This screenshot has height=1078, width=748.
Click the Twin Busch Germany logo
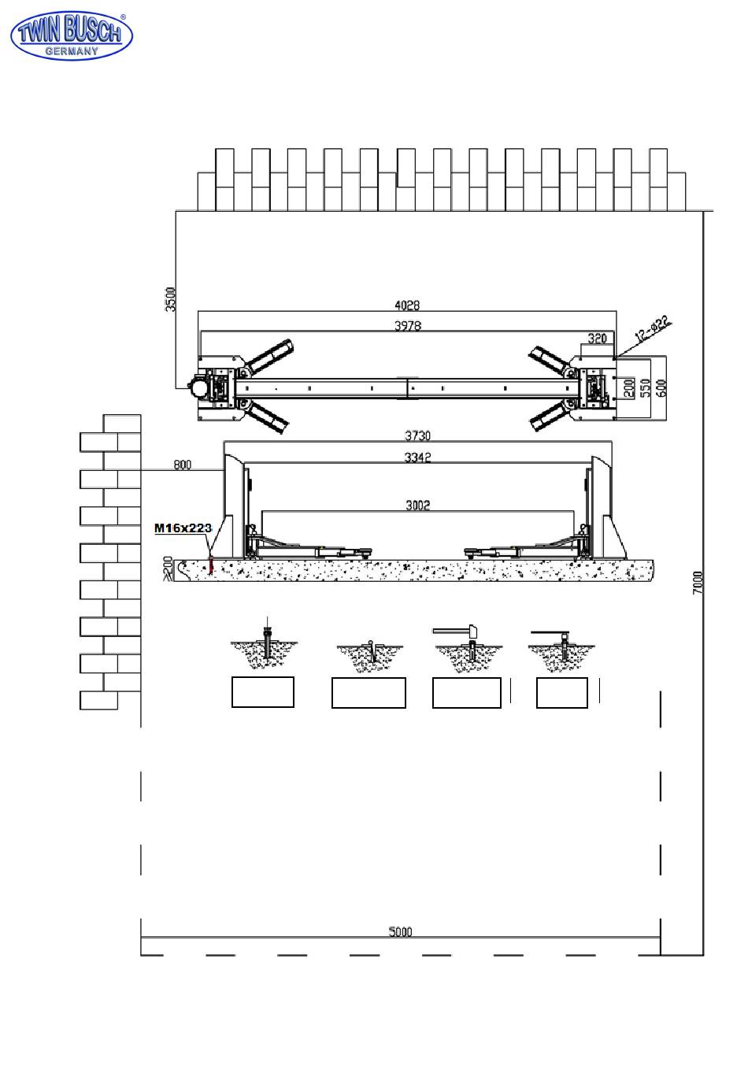click(71, 35)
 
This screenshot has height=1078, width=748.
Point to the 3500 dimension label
click(170, 299)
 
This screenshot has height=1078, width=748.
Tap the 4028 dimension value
click(407, 305)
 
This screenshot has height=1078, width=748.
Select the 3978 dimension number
click(408, 326)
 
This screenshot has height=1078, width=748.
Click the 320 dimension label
click(597, 339)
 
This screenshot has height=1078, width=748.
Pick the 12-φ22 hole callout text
click(653, 328)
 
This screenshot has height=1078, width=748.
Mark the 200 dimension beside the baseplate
click(628, 387)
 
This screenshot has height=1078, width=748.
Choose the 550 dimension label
click(646, 387)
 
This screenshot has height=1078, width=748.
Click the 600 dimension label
click(661, 388)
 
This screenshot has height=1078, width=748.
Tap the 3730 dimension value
click(417, 435)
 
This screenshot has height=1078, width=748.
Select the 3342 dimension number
click(417, 458)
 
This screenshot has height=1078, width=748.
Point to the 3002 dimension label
click(417, 505)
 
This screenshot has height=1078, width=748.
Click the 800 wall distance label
click(182, 465)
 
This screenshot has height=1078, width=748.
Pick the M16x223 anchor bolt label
click(183, 528)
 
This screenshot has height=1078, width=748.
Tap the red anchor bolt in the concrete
click(210, 564)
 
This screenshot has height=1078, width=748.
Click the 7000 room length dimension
click(698, 583)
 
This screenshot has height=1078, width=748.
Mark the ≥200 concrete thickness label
click(168, 568)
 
